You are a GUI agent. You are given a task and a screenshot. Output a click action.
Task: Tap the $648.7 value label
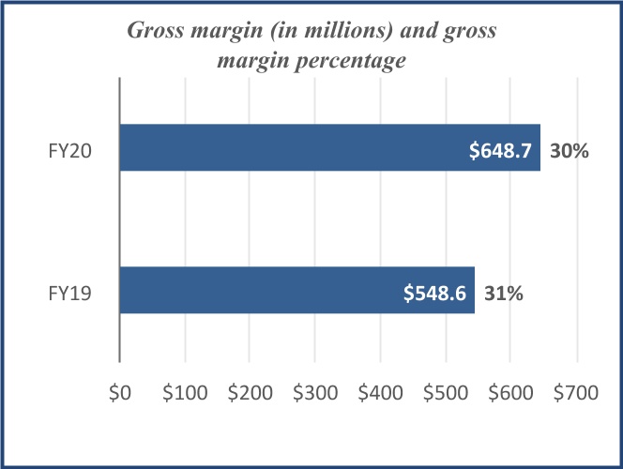[x=504, y=149]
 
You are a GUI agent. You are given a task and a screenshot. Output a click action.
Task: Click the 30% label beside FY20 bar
[x=570, y=149]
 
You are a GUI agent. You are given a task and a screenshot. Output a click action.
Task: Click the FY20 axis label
[x=71, y=149]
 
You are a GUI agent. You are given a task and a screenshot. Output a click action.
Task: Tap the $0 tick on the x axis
[x=119, y=395]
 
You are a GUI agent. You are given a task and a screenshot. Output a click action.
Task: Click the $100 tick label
[x=184, y=395]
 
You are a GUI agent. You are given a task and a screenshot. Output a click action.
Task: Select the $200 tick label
[x=250, y=395]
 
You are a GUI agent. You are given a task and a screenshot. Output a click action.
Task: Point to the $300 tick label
[x=315, y=395]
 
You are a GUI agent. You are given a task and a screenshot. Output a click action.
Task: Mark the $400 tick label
[x=380, y=395]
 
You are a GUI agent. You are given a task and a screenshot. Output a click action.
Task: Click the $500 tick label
[x=446, y=395]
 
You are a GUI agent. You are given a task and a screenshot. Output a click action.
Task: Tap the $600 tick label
[x=510, y=395]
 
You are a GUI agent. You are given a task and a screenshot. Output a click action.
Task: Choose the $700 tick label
[x=575, y=395]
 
